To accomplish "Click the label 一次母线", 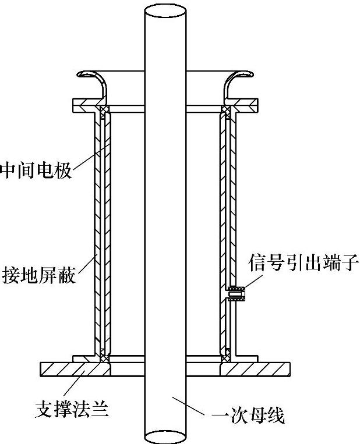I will pyautogui.click(x=245, y=417).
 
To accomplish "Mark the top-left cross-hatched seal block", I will pyautogui.click(x=104, y=111).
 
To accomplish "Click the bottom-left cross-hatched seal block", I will pyautogui.click(x=104, y=353).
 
